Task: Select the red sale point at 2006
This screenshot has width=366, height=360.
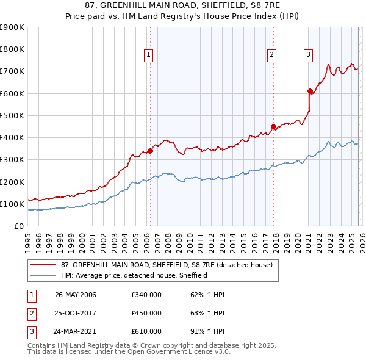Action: (150, 151)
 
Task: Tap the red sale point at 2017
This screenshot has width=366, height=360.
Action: (273, 126)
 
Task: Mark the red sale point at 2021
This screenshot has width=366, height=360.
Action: (310, 91)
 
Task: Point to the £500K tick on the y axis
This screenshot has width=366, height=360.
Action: (12, 115)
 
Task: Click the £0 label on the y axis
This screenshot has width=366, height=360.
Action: (18, 226)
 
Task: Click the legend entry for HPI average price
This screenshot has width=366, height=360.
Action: (134, 275)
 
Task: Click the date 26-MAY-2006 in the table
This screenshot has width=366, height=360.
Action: (76, 295)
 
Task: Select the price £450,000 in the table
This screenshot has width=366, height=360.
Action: (146, 313)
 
